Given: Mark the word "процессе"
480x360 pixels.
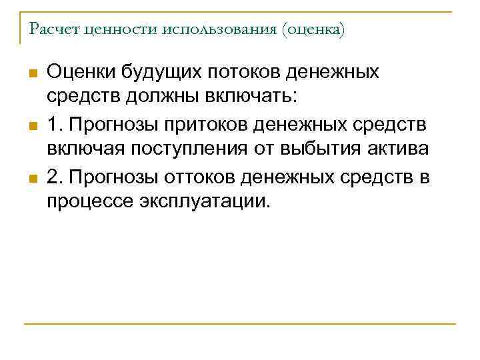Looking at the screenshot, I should pyautogui.click(x=86, y=201).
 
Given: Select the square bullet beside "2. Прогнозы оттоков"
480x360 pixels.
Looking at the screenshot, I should pyautogui.click(x=31, y=177).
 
